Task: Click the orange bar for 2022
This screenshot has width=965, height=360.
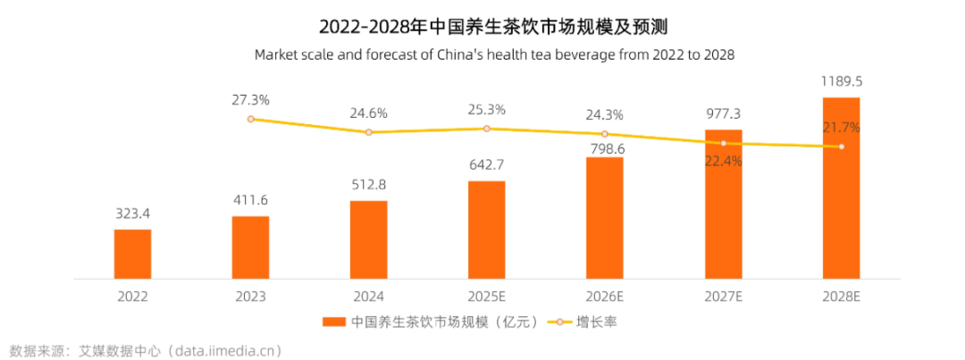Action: [132, 254]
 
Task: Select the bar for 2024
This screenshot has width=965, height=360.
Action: [368, 239]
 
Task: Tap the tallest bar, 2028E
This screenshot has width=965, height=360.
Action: [841, 188]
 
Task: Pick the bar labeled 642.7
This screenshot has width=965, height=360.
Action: [486, 230]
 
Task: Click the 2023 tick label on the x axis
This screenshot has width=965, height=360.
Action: [250, 296]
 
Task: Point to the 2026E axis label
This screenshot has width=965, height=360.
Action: [604, 296]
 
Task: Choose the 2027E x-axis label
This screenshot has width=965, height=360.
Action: [722, 296]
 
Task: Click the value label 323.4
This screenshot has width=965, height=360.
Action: [132, 214]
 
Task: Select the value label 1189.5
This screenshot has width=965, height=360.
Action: [841, 81]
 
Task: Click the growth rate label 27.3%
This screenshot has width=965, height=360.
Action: [250, 99]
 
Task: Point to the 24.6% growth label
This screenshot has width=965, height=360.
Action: [368, 113]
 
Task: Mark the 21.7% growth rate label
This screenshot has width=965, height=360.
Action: [841, 128]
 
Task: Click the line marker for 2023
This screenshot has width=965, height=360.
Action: [251, 119]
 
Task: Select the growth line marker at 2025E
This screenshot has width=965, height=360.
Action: [486, 129]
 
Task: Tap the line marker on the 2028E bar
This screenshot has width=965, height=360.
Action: [841, 147]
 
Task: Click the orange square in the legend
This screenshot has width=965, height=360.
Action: [332, 322]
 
